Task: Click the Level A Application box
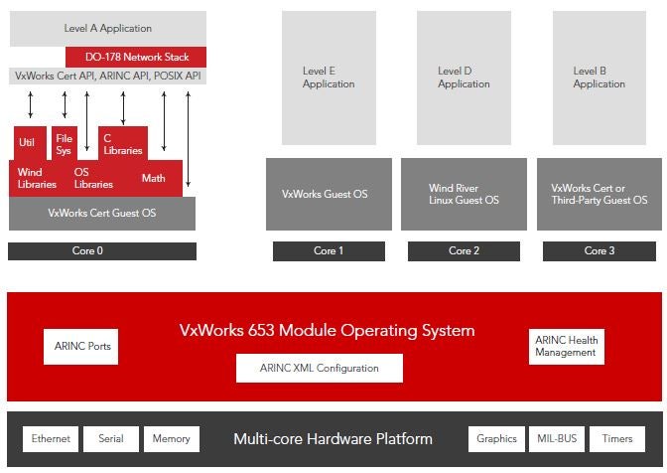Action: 108,28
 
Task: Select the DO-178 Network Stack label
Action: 136,57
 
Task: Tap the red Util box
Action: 27,143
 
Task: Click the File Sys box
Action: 64,143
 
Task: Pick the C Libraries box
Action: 123,143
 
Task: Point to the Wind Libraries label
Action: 37,178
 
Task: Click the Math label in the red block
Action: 153,178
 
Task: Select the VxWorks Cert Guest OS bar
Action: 102,213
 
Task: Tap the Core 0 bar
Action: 102,250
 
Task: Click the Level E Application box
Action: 329,78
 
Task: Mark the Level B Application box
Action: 600,78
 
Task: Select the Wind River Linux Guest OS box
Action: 464,194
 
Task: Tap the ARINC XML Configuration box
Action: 320,368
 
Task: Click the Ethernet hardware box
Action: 50,438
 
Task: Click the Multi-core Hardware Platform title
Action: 333,438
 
